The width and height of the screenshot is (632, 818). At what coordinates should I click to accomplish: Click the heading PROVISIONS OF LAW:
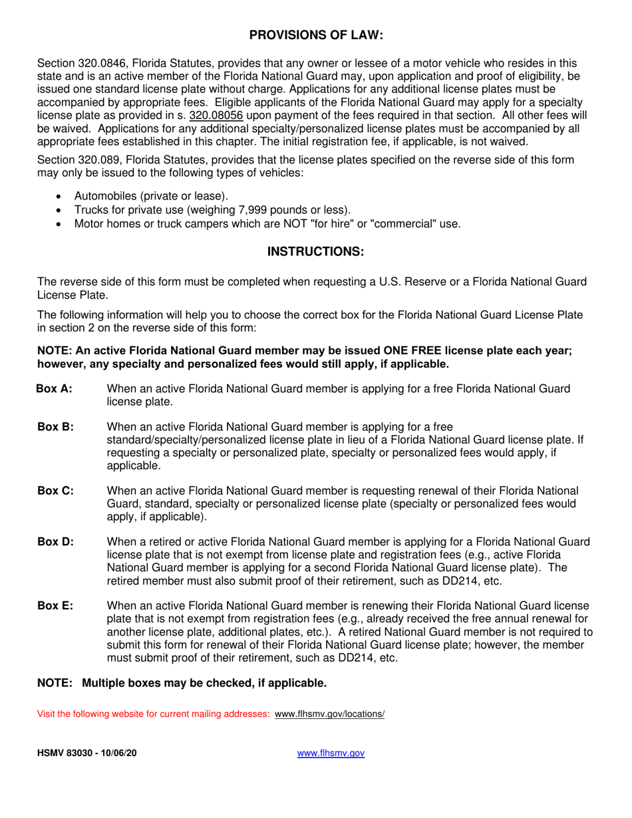coord(316,35)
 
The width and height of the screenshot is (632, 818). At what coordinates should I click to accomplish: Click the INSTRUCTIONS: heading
coord(316,252)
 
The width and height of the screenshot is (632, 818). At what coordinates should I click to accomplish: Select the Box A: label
coord(55,389)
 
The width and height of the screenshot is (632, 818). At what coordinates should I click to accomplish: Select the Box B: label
coord(55,426)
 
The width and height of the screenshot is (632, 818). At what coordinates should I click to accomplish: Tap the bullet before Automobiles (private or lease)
coord(61,196)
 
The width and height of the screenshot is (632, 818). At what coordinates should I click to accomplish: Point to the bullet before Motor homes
coord(61,224)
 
